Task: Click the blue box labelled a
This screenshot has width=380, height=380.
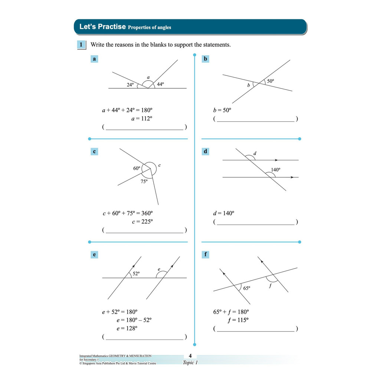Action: [94, 59]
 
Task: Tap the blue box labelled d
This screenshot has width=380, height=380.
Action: [206, 151]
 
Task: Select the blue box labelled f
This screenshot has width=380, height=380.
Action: [206, 255]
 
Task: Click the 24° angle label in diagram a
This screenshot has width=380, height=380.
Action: [130, 85]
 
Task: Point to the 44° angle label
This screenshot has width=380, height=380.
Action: [160, 84]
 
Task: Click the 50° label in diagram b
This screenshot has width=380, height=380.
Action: [271, 81]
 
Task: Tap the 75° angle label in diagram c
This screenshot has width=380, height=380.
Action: [144, 181]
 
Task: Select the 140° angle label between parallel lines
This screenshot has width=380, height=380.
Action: [276, 170]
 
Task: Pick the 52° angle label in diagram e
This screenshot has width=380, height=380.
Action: [136, 273]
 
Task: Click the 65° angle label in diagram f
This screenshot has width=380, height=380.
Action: [247, 288]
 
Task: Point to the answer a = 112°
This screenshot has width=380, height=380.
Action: [142, 119]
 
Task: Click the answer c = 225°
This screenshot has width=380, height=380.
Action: [142, 222]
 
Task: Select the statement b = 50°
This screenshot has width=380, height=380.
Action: [222, 110]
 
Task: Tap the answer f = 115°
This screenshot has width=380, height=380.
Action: [238, 320]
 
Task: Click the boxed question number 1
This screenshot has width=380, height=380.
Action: [81, 45]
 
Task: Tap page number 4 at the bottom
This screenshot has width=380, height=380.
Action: [190, 356]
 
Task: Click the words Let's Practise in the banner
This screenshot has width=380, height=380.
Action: [102, 27]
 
